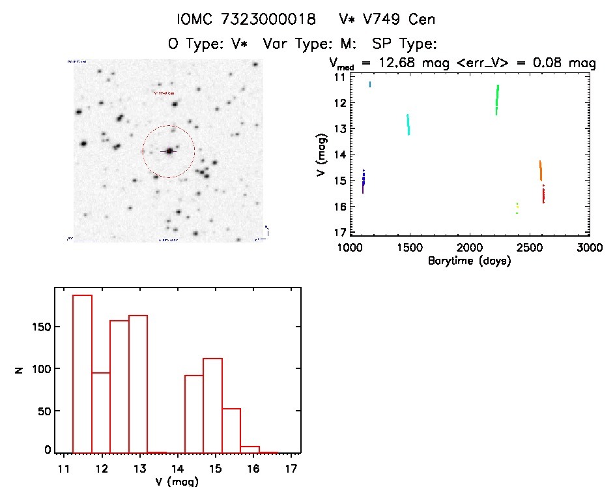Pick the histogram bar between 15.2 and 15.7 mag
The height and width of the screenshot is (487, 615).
tap(231, 430)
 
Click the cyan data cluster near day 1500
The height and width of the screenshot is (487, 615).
tap(408, 125)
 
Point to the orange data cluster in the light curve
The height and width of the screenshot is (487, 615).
tap(540, 171)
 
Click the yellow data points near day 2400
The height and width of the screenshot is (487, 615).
tap(517, 208)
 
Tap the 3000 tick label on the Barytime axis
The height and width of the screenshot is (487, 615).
tap(589, 248)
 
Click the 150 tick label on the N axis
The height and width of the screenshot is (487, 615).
tap(41, 327)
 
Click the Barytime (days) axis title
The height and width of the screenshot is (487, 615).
tap(469, 261)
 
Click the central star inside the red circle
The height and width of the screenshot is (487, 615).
tap(169, 151)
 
